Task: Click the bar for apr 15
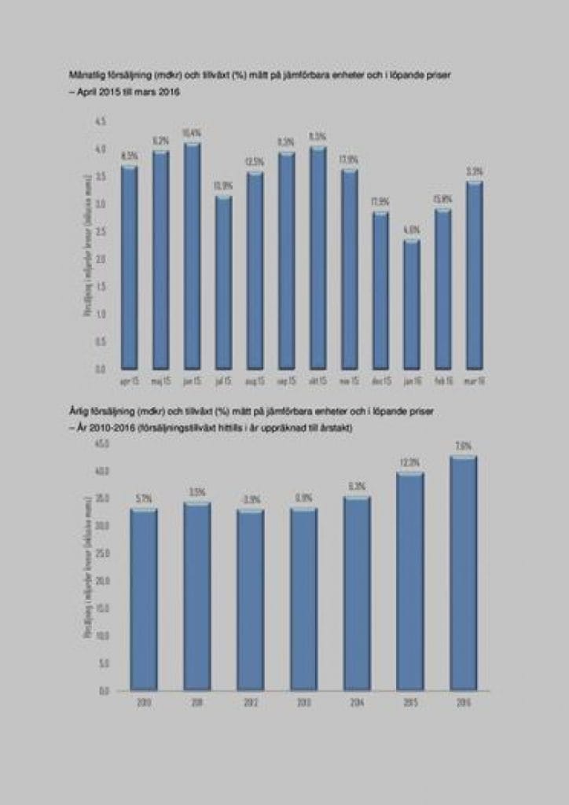click(130, 267)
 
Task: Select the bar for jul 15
click(223, 283)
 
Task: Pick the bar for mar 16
click(474, 275)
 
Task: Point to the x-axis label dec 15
click(380, 380)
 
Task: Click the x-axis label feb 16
click(443, 380)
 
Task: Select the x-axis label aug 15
click(255, 380)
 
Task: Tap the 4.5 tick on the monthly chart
click(100, 121)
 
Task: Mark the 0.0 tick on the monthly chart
click(100, 368)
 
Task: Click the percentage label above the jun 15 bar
click(192, 133)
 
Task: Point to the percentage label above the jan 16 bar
click(412, 230)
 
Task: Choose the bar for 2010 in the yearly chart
click(144, 601)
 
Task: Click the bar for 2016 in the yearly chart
click(463, 574)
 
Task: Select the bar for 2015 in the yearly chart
click(410, 583)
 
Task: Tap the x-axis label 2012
click(250, 703)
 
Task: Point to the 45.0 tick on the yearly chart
click(102, 444)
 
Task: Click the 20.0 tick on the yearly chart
click(102, 581)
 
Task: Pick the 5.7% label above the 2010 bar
click(144, 498)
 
